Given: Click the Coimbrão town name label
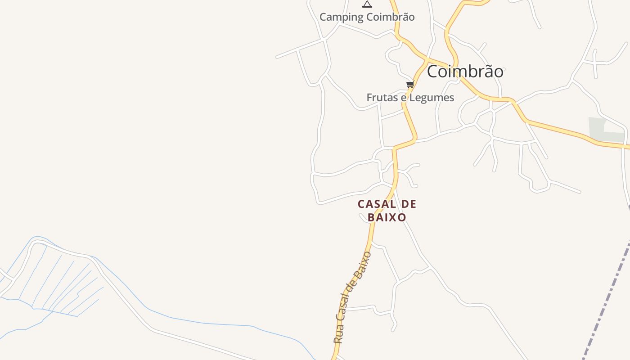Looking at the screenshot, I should (x=465, y=72).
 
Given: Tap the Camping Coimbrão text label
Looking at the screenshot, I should (x=367, y=17).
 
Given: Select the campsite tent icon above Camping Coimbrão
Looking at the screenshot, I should (x=367, y=4).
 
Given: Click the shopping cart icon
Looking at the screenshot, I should (x=410, y=84).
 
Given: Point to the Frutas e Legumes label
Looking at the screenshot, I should (x=410, y=98).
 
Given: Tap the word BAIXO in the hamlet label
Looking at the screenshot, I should (x=387, y=217).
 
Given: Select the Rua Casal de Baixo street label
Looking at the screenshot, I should (x=352, y=297).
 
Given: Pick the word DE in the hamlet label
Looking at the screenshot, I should (x=408, y=204).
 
